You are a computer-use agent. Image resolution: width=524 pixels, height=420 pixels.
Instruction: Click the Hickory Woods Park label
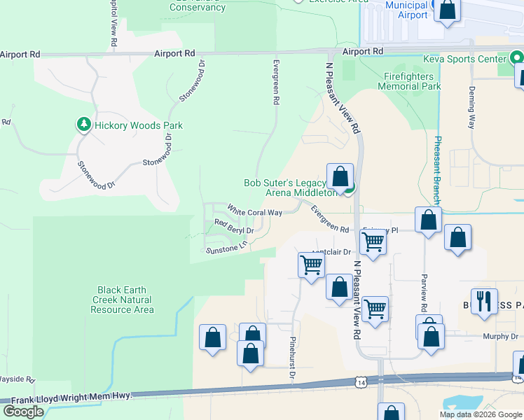coord(139,125)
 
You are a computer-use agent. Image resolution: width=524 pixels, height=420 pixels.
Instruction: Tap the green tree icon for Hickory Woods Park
coord(84,125)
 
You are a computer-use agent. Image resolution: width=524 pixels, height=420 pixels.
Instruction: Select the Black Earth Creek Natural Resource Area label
coord(122,300)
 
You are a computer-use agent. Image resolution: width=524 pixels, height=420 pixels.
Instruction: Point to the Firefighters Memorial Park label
coord(409,81)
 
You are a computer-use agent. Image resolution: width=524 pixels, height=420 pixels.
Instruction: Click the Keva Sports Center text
coord(464,59)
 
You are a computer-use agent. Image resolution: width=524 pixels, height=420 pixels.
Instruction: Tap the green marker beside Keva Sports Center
coord(517,57)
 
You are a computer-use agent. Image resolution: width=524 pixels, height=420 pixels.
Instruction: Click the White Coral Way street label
coord(255,210)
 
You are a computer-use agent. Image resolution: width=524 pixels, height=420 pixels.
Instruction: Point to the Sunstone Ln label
coord(226,247)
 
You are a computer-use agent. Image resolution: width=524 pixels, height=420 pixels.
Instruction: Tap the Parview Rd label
coord(424,293)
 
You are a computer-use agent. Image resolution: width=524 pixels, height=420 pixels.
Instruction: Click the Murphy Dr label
coord(500,336)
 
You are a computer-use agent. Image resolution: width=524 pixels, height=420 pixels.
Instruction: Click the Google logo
coord(23,412)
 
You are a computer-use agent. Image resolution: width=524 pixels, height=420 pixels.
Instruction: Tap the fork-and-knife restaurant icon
coord(484,302)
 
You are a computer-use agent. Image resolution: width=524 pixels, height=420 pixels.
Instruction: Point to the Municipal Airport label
coord(407,10)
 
